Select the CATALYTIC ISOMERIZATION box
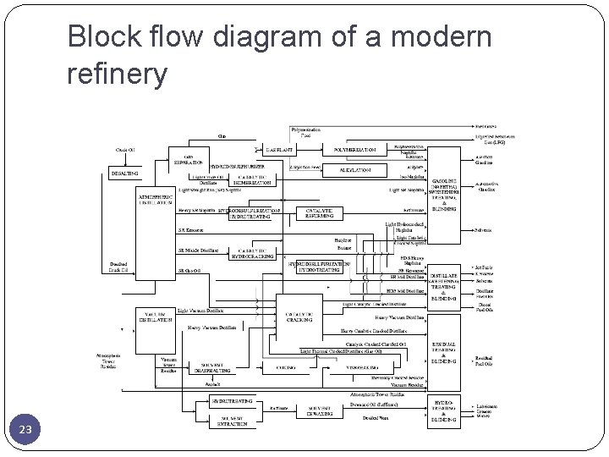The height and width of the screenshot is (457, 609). [x=250, y=179]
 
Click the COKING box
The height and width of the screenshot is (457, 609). [x=285, y=368]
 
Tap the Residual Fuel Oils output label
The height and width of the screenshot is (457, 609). [x=485, y=361]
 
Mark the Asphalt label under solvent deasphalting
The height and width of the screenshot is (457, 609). [x=212, y=383]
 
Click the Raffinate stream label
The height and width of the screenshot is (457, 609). [x=277, y=406]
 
